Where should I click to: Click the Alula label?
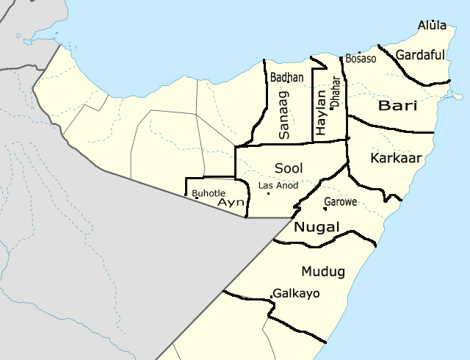432,26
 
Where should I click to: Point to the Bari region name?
397,107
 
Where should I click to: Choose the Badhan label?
286,77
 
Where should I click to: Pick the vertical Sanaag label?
284,115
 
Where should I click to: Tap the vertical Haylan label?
320,112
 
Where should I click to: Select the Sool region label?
289,168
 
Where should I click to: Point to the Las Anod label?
278,185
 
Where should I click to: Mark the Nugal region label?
317,228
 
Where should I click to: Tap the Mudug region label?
322,272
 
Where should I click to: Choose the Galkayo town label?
297,293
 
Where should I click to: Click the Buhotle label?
209,193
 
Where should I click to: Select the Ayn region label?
231,202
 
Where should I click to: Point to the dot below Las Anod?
268,194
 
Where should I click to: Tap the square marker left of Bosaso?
342,58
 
